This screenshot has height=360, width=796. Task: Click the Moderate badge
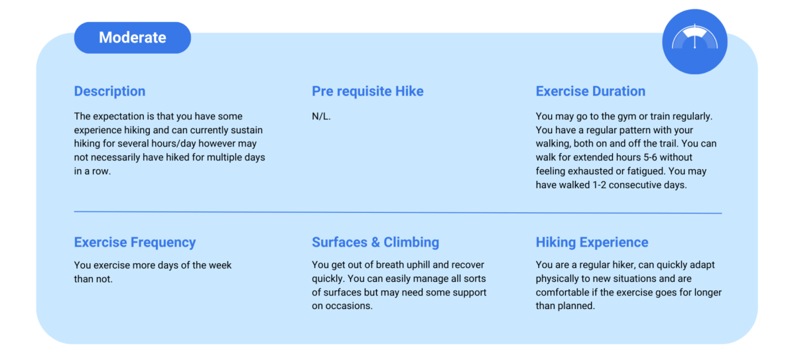coord(132,38)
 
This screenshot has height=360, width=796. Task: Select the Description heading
coord(109,91)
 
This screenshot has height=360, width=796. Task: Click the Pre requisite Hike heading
coord(367,91)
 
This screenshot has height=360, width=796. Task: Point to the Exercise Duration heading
coord(590,91)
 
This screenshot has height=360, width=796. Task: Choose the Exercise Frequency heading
coord(135,242)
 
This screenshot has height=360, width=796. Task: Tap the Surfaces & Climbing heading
coord(375,242)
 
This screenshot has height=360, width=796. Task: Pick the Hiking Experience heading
coord(592,242)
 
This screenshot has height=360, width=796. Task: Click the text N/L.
coord(321,117)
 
